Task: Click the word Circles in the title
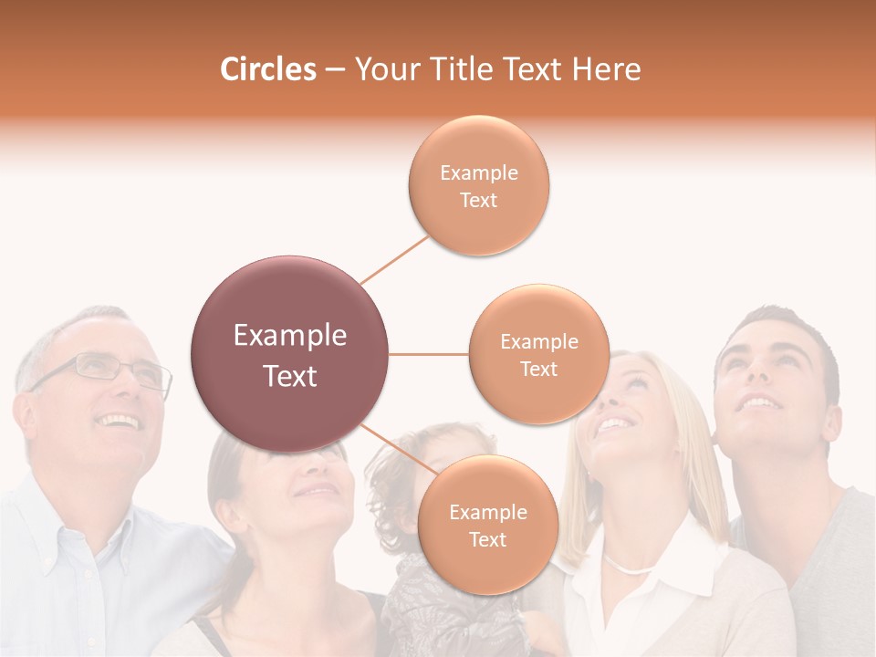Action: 267,69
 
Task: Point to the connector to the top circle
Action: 394,259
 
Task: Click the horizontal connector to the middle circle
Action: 429,354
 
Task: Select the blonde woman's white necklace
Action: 630,568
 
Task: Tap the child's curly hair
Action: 388,474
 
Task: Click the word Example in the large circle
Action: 290,336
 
